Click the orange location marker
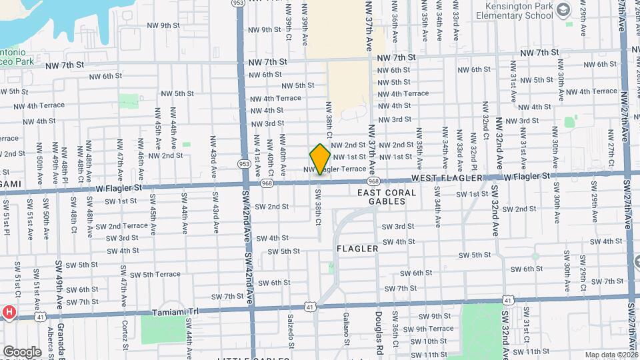point(320,159)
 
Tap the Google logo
point(22,351)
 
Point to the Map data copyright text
point(611,355)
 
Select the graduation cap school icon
point(564,9)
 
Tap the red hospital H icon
point(9,312)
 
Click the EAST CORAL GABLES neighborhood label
point(387,197)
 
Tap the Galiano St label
point(346,325)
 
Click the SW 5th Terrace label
point(155,275)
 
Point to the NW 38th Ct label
point(329,121)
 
